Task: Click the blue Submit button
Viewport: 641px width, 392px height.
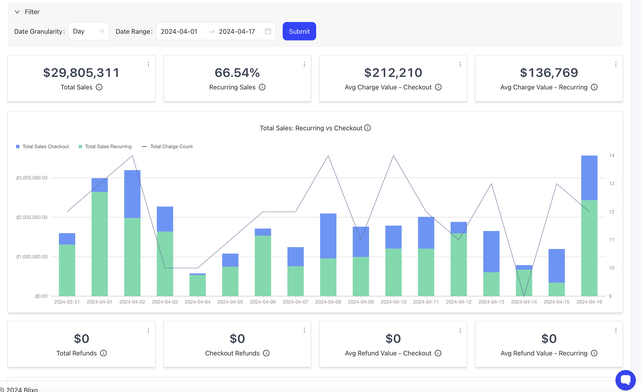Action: (299, 31)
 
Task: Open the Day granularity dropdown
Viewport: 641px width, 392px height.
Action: (88, 31)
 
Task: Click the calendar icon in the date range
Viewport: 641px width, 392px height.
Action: (268, 31)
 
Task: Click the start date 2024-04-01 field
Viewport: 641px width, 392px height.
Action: (179, 31)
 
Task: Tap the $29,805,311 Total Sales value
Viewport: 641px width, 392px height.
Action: (81, 73)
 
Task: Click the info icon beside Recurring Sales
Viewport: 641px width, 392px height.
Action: (262, 87)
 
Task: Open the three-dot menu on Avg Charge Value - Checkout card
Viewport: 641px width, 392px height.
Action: (460, 64)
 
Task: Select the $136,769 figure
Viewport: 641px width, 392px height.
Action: (549, 73)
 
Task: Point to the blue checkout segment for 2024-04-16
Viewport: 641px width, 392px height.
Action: (589, 178)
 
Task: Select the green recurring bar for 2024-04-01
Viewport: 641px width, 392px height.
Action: (99, 244)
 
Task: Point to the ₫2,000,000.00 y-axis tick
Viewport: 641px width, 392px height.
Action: (32, 217)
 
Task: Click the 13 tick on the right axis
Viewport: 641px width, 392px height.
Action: (611, 183)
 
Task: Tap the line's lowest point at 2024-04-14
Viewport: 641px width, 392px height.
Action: (524, 296)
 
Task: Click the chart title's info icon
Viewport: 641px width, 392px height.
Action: (367, 128)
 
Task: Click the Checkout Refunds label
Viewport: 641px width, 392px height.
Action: (232, 353)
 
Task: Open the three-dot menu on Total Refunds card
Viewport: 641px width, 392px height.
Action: (148, 330)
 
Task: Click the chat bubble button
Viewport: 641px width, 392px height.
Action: (625, 380)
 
